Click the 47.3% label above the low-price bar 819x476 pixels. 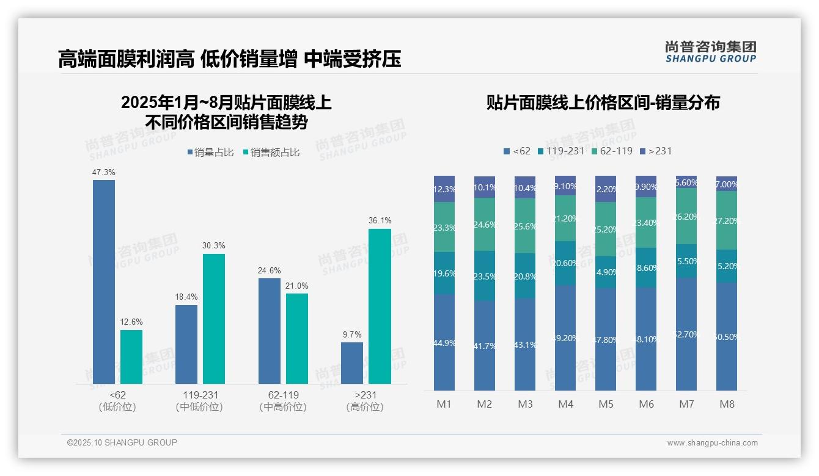click(103, 173)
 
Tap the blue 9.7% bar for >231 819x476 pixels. click(352, 363)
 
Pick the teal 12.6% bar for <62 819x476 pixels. click(131, 357)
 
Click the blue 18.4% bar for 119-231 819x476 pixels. click(186, 344)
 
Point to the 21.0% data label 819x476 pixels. click(297, 286)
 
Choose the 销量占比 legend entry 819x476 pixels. click(210, 153)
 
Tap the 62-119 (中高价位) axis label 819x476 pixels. click(283, 401)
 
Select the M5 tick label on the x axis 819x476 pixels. click(606, 404)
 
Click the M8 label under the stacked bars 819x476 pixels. click(727, 404)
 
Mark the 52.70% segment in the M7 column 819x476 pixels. click(686, 334)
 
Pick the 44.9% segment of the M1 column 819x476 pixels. click(444, 342)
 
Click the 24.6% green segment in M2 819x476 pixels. click(485, 224)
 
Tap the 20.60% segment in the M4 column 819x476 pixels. click(565, 263)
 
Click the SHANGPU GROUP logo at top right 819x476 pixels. click(710, 52)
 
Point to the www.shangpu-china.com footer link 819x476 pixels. click(712, 443)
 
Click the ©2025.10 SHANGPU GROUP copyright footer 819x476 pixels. click(122, 442)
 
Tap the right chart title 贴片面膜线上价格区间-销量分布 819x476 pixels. click(603, 103)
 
